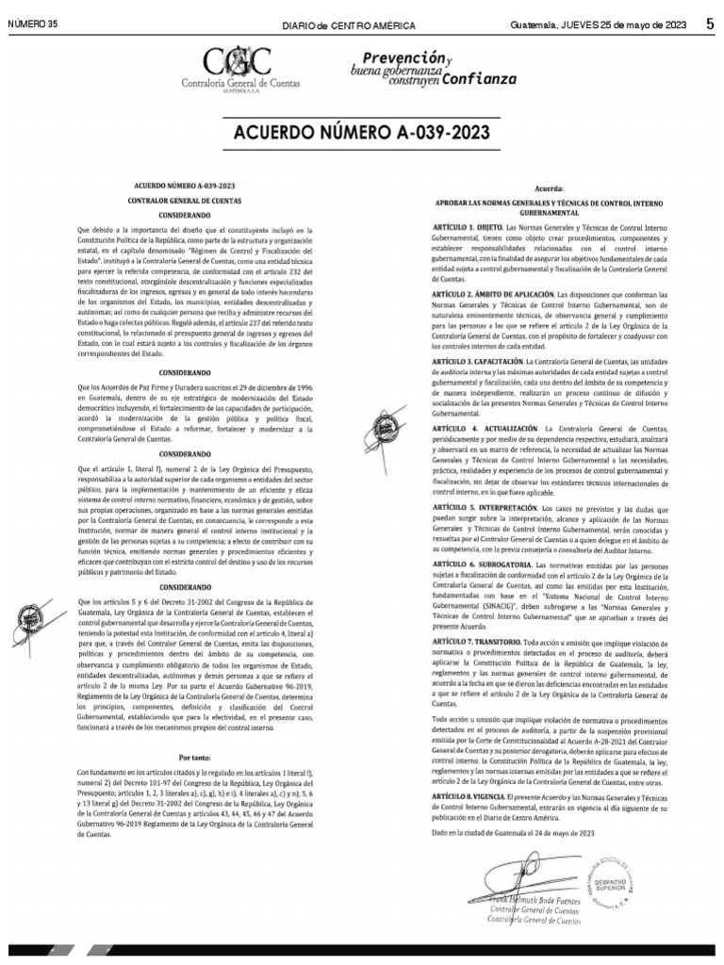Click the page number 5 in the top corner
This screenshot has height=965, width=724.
709,25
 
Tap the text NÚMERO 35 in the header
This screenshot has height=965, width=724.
33,25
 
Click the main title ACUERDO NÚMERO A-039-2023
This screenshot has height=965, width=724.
362,133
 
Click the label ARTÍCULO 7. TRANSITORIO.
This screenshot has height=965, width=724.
463,640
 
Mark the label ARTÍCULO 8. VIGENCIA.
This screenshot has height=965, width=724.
456,797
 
